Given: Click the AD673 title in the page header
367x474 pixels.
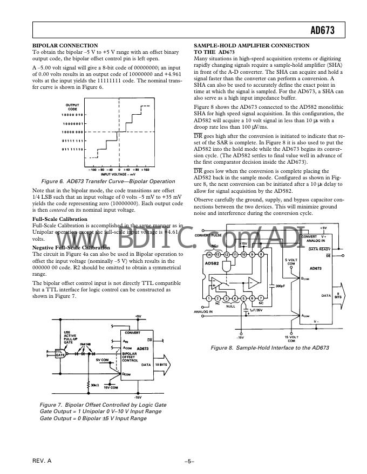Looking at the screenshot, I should coord(322,31).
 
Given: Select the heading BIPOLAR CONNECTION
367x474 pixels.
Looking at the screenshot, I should coord(65,45).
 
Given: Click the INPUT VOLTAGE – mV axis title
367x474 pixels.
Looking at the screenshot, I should coord(114,159).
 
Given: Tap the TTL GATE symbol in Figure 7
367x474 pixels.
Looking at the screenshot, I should coord(60,353).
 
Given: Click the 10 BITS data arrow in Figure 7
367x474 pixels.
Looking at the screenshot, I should coord(162,365).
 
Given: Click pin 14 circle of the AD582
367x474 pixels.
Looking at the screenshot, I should coord(209,254).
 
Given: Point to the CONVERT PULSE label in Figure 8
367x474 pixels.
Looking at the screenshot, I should coord(208,235).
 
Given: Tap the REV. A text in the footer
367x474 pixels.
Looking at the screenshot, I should coord(42,462).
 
